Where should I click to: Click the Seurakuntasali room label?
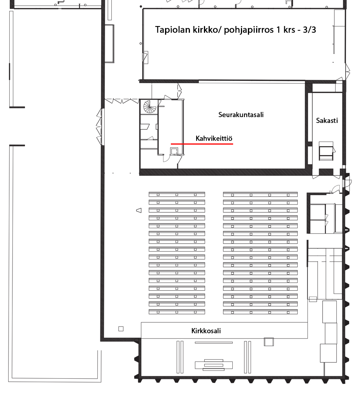(x=241, y=115)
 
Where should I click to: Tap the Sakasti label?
(x=327, y=121)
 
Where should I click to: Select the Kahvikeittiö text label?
(x=214, y=138)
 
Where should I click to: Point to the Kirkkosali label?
(x=206, y=331)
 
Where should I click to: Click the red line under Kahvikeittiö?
(x=202, y=144)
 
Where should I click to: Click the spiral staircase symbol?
(x=150, y=107)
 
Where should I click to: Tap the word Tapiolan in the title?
(x=173, y=30)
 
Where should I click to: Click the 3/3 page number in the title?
(x=309, y=30)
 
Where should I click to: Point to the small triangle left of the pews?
(x=139, y=210)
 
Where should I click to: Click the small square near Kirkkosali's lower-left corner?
(x=121, y=329)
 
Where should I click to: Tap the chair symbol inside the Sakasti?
(x=326, y=151)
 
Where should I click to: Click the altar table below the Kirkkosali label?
(x=214, y=365)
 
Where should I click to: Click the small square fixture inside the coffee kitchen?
(x=174, y=151)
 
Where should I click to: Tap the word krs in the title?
(x=289, y=30)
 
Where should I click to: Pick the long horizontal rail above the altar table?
(x=214, y=342)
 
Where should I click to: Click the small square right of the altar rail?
(x=269, y=342)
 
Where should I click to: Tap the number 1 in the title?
(x=278, y=30)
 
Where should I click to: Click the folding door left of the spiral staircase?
(x=122, y=101)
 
